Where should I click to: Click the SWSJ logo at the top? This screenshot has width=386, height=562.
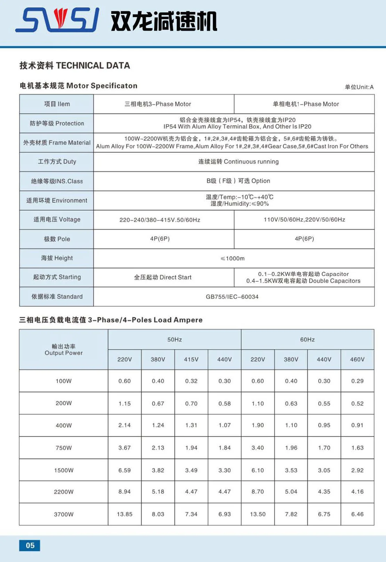click(x=57, y=20)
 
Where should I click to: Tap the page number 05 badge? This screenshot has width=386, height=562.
click(x=30, y=545)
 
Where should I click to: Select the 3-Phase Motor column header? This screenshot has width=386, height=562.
click(x=158, y=104)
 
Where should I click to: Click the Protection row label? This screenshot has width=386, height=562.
click(x=57, y=123)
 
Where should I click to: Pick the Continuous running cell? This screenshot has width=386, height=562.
click(x=238, y=162)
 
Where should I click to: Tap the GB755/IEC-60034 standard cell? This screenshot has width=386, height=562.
click(x=232, y=297)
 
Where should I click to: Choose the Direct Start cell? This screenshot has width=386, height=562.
click(x=163, y=277)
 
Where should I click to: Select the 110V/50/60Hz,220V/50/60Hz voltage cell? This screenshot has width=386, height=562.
click(x=304, y=219)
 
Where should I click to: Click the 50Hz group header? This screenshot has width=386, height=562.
click(x=175, y=339)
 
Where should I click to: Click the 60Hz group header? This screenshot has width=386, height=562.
click(x=307, y=339)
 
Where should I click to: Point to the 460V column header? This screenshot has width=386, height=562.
click(x=357, y=359)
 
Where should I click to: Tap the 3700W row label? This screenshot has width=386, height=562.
click(x=64, y=514)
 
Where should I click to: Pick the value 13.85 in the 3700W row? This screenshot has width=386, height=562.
click(x=124, y=514)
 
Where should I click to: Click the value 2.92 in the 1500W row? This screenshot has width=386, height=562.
click(x=357, y=470)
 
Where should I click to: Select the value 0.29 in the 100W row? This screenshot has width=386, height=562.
click(x=357, y=381)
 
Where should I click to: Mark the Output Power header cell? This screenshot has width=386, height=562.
click(x=64, y=350)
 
